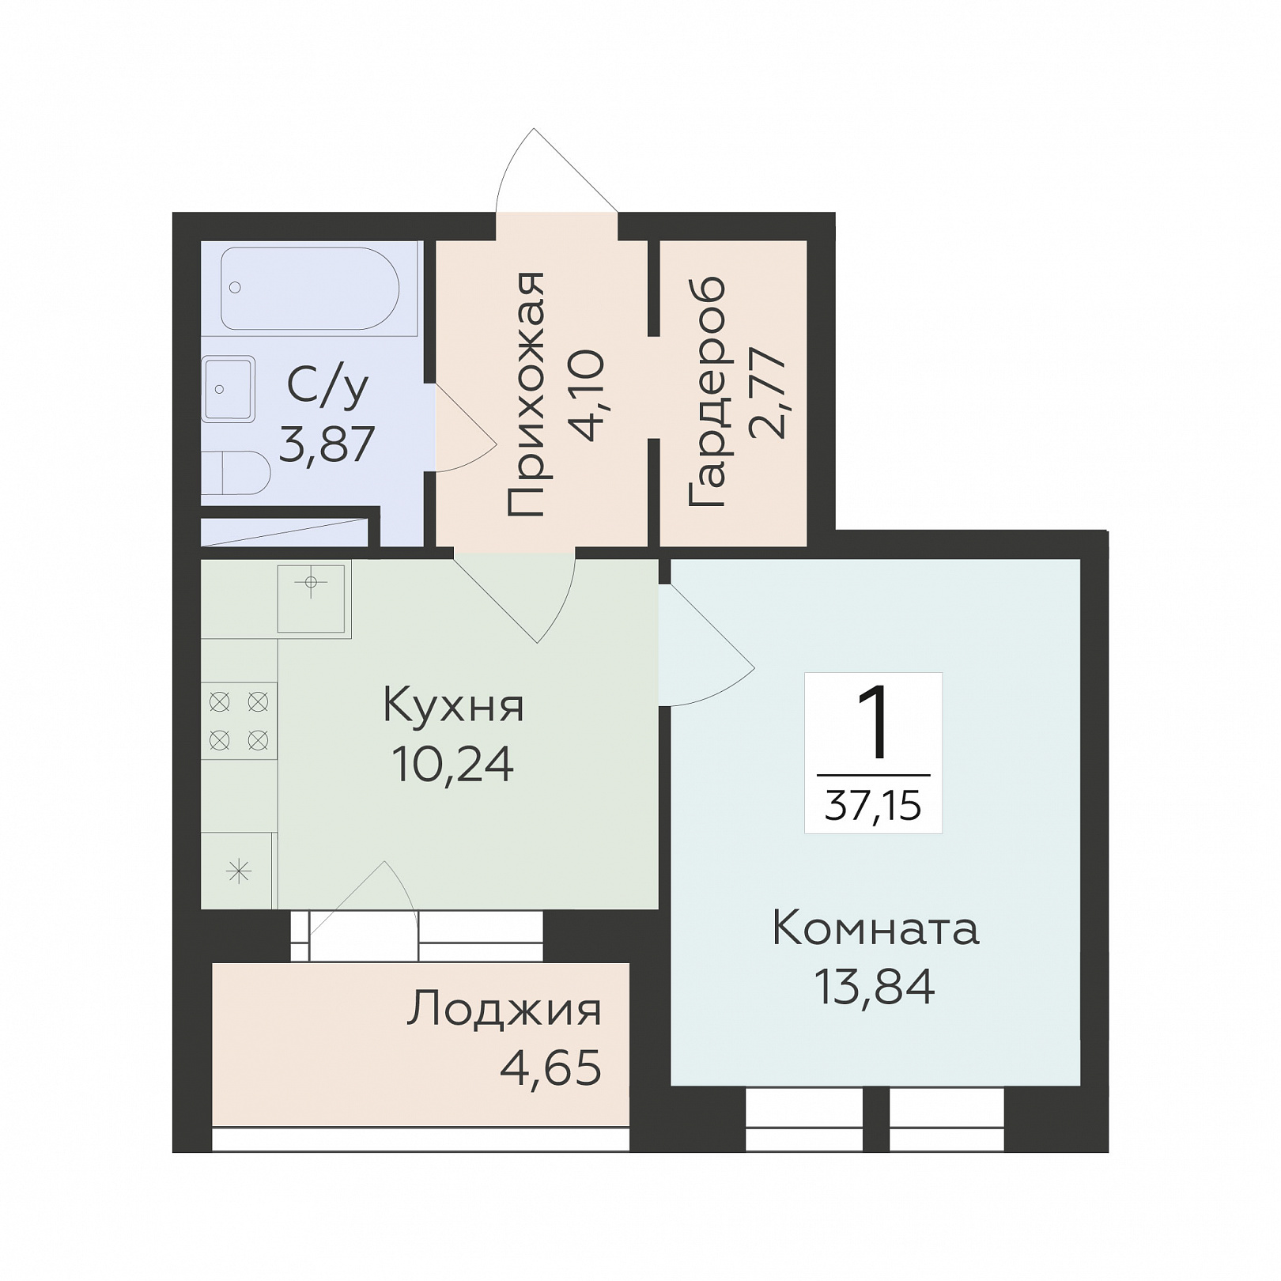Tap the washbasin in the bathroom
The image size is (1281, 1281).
(x=229, y=388)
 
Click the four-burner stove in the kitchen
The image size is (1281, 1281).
(x=239, y=720)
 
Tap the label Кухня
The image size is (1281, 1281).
(x=453, y=706)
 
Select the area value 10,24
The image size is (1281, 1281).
(x=453, y=764)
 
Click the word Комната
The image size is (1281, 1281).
(x=875, y=928)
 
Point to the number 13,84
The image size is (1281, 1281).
(x=875, y=986)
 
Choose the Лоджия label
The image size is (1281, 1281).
(x=504, y=1010)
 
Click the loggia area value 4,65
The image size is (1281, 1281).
(x=550, y=1067)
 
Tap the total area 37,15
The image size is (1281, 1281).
(x=873, y=807)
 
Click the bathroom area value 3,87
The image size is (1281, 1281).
(x=327, y=444)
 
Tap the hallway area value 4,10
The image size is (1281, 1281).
(x=588, y=395)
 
